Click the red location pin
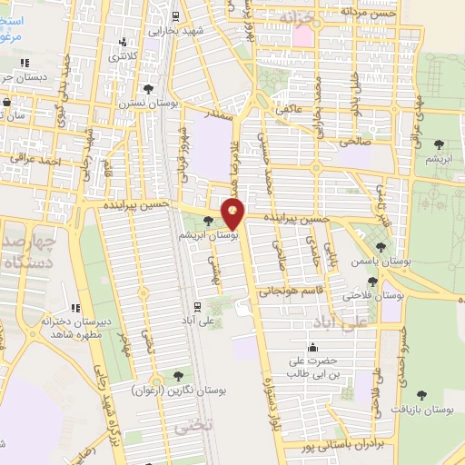(x=234, y=213)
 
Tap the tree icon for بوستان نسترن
(x=148, y=88)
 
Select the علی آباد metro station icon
(x=196, y=306)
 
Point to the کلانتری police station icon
(x=124, y=42)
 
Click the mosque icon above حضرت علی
(x=313, y=347)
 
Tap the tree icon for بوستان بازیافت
(x=420, y=395)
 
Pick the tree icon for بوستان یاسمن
(x=381, y=246)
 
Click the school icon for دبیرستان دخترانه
(x=75, y=309)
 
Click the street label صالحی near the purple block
(x=351, y=142)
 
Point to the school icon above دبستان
(x=25, y=63)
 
